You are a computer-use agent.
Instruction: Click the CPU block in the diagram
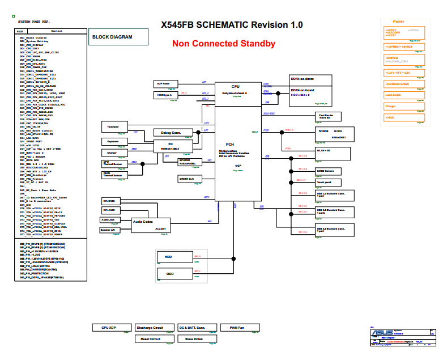click(236, 91)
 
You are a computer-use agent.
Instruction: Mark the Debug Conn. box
click(171, 133)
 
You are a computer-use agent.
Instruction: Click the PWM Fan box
click(237, 328)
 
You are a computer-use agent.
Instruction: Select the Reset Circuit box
click(150, 339)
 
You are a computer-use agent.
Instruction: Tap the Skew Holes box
click(194, 339)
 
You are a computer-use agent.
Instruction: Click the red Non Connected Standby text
click(224, 44)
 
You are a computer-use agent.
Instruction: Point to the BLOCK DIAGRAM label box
click(118, 37)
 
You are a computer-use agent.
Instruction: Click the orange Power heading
click(399, 21)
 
